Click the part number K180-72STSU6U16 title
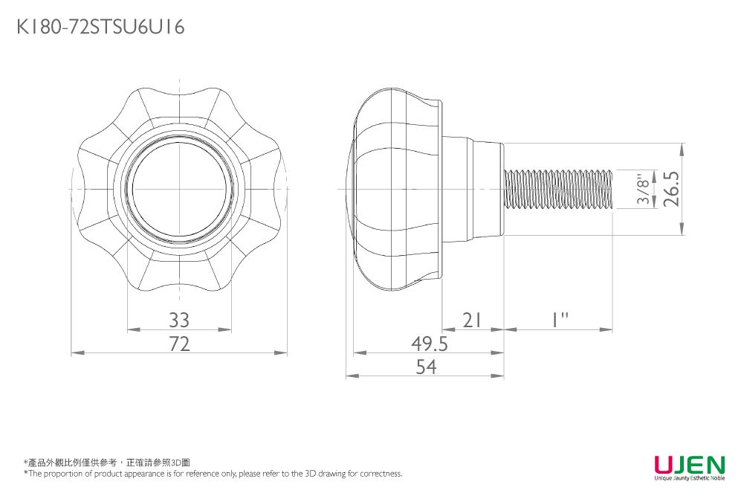(100, 27)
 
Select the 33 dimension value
(179, 321)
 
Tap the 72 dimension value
(179, 344)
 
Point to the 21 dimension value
(472, 321)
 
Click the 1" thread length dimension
(560, 320)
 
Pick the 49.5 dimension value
(430, 344)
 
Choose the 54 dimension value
(426, 367)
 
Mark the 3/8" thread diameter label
(644, 190)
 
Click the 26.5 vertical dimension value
(671, 189)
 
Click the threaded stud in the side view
(558, 189)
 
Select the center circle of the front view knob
(179, 189)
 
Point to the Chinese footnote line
(107, 463)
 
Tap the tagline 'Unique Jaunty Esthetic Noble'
(690, 478)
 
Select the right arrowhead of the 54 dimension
(497, 376)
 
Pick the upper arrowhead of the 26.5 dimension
(682, 149)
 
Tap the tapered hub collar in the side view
(472, 189)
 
